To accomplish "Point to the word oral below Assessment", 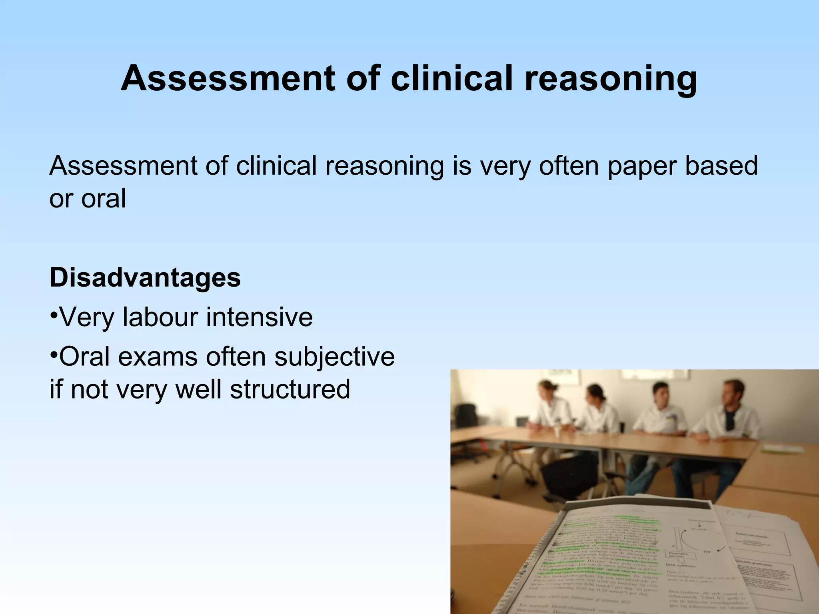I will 104,199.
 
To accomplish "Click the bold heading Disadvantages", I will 145,277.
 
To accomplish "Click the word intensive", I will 259,317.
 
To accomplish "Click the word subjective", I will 334,357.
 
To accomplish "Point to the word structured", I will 290,389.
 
